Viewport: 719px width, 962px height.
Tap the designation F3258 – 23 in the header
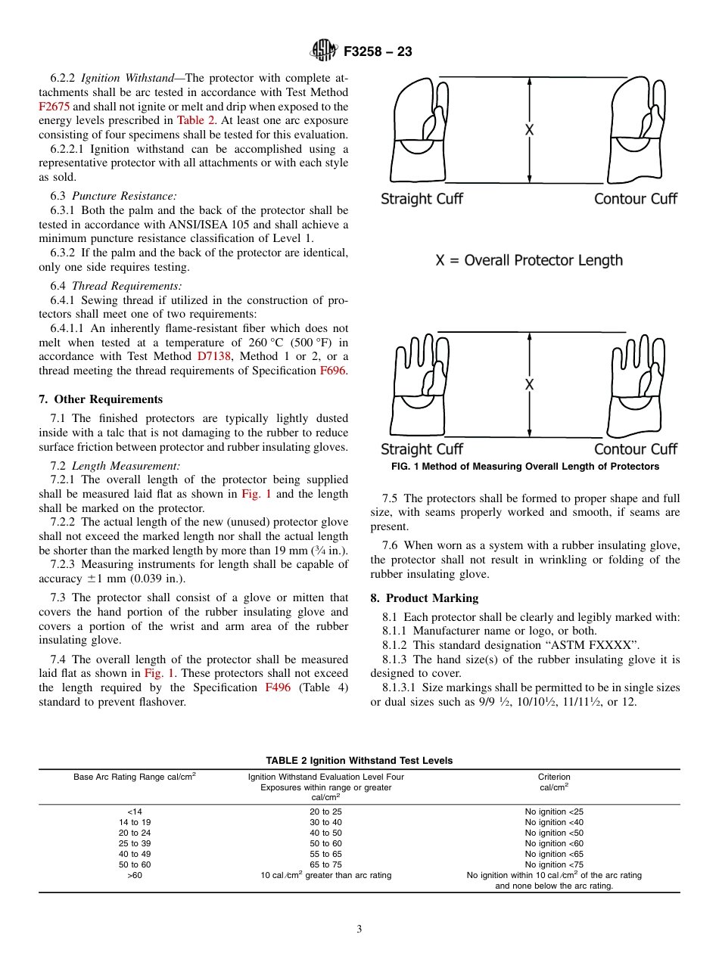(x=378, y=51)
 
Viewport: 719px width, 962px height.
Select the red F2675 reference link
(x=54, y=107)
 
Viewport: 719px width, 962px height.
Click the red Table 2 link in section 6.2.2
(x=197, y=120)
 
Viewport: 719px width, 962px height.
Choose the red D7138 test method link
(x=215, y=356)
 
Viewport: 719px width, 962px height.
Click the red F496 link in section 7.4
(x=278, y=687)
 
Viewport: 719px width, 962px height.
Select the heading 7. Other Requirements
(x=101, y=399)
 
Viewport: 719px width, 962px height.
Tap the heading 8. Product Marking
(x=425, y=598)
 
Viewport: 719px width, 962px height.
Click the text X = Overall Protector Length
(x=529, y=261)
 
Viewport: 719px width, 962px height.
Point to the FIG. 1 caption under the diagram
(x=525, y=467)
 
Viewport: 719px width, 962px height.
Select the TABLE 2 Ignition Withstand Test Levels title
(x=359, y=760)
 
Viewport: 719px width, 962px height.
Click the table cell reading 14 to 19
(x=135, y=822)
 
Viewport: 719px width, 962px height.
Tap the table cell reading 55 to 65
(x=325, y=854)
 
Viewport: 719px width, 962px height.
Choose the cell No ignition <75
(x=554, y=864)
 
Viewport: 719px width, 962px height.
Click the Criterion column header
(x=554, y=777)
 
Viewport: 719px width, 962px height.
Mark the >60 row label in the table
(x=135, y=875)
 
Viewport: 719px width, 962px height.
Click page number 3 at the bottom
(x=359, y=929)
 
